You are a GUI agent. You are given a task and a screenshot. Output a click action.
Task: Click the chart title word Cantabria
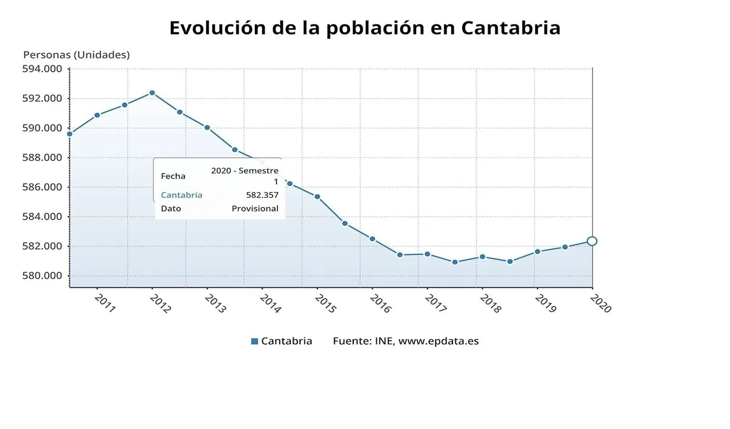pyautogui.click(x=510, y=28)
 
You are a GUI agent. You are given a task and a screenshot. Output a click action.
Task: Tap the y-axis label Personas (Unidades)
pyautogui.click(x=76, y=55)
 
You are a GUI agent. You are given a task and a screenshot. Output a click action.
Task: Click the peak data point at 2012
pyautogui.click(x=152, y=93)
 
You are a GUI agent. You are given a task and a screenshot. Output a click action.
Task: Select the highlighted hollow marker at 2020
pyautogui.click(x=592, y=241)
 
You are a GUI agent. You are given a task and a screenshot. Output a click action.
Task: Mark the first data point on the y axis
pyautogui.click(x=70, y=134)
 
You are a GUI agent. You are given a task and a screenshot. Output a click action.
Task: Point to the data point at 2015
pyautogui.click(x=317, y=197)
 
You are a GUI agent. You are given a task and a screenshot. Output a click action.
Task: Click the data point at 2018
pyautogui.click(x=482, y=257)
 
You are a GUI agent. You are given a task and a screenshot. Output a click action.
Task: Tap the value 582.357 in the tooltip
pyautogui.click(x=262, y=195)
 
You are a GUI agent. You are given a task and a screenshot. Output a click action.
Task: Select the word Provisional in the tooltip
pyautogui.click(x=255, y=209)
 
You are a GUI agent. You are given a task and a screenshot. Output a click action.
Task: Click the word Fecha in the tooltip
pyautogui.click(x=173, y=176)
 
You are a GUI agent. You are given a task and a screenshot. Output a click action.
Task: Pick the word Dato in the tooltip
pyautogui.click(x=171, y=209)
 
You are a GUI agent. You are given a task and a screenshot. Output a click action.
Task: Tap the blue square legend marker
pyautogui.click(x=255, y=341)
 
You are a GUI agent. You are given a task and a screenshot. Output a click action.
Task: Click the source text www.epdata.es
pyautogui.click(x=438, y=341)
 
